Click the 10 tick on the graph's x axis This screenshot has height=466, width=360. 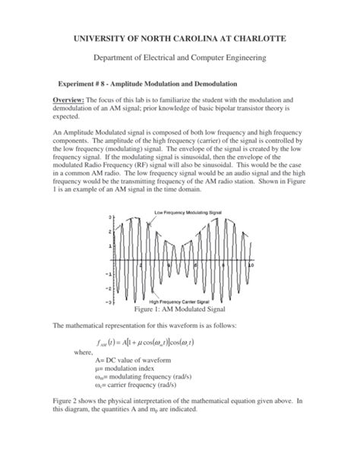coord(251,264)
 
